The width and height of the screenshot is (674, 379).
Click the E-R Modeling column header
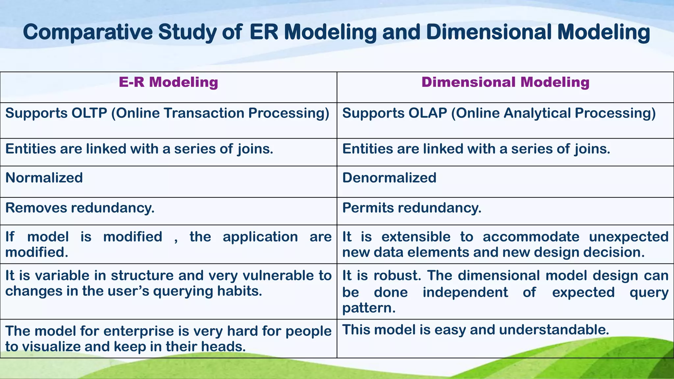click(168, 82)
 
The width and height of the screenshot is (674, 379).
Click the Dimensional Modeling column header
click(505, 82)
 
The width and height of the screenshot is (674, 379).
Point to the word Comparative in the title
click(88, 32)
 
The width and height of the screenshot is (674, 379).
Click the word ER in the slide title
click(264, 32)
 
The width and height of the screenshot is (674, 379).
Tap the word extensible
click(416, 237)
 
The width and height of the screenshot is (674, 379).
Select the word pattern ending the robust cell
click(368, 308)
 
